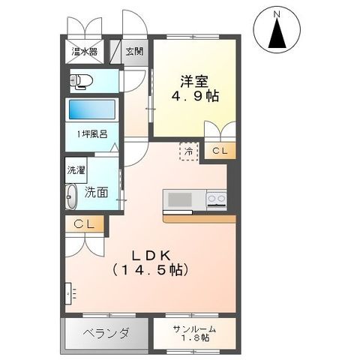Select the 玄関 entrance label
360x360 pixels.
click(135, 52)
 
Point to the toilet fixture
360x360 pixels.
click(81, 80)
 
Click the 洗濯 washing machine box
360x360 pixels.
click(76, 170)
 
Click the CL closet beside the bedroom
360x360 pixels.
click(219, 151)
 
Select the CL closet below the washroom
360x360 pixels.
click(83, 223)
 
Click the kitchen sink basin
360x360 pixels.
click(179, 199)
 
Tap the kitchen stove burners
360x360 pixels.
click(216, 199)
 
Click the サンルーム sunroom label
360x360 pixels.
click(195, 330)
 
